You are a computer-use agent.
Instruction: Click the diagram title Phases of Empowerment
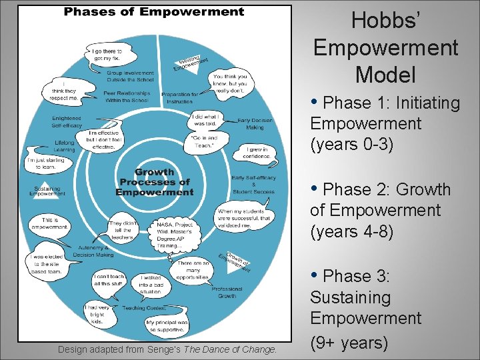click(153, 11)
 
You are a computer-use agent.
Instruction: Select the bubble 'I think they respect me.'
click(64, 92)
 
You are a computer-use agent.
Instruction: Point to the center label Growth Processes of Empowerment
click(154, 182)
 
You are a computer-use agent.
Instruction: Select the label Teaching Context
click(143, 309)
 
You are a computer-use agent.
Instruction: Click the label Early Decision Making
click(254, 123)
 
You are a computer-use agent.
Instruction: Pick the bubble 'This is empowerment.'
click(50, 223)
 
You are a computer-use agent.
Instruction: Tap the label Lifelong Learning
click(65, 146)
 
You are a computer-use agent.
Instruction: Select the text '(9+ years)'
click(349, 343)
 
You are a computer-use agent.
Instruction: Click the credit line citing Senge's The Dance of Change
click(167, 349)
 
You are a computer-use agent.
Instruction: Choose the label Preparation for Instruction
click(180, 97)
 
